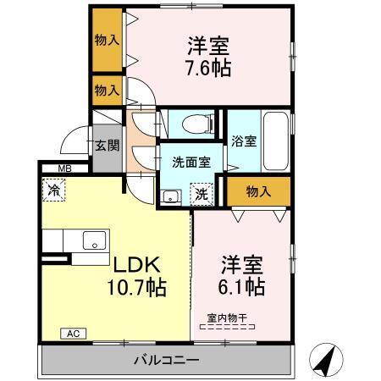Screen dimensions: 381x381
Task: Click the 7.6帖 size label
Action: pyautogui.click(x=208, y=68)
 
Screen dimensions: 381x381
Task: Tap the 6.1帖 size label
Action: pyautogui.click(x=243, y=286)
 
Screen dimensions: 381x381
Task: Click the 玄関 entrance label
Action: pyautogui.click(x=106, y=145)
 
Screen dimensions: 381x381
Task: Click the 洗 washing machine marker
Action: pyautogui.click(x=202, y=194)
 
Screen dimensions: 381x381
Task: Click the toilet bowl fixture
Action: pyautogui.click(x=193, y=124)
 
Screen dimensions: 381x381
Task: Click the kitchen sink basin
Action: pyautogui.click(x=94, y=240)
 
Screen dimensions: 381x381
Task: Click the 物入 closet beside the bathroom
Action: pyautogui.click(x=257, y=191)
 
